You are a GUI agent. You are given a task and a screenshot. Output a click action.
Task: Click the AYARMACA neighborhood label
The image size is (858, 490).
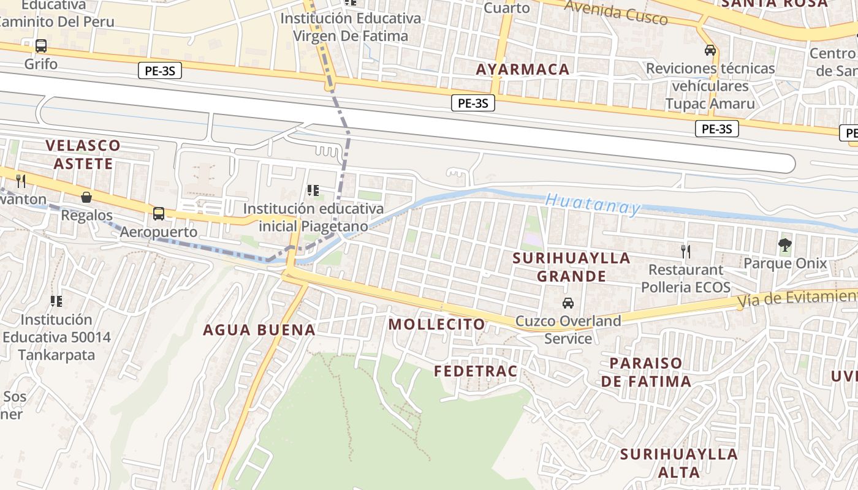click(x=523, y=69)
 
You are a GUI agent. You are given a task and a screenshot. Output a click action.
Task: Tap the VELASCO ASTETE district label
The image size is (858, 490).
click(x=83, y=154)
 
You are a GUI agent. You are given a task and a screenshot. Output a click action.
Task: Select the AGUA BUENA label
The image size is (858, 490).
click(x=259, y=330)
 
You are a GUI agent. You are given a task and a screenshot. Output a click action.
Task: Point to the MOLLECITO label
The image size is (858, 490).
click(x=437, y=324)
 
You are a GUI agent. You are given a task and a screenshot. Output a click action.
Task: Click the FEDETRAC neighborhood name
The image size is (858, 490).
click(x=476, y=371)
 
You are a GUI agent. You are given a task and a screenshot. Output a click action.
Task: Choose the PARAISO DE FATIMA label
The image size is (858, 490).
click(x=645, y=372)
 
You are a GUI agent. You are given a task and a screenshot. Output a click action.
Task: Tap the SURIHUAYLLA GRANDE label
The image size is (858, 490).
click(x=572, y=267)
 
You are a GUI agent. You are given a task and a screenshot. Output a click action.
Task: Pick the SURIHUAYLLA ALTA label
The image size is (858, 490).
click(x=678, y=463)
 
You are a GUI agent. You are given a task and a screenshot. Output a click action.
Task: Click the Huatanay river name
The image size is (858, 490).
click(x=592, y=204)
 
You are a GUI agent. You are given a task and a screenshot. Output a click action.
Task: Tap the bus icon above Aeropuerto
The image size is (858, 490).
click(x=159, y=214)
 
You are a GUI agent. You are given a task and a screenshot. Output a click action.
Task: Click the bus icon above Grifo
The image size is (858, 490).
click(x=41, y=46)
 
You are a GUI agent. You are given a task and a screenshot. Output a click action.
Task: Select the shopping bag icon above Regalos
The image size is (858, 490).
click(x=86, y=197)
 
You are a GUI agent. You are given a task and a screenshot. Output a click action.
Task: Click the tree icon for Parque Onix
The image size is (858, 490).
click(x=784, y=246)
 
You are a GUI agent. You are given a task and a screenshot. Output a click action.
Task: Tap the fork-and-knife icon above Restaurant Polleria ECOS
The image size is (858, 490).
click(x=686, y=251)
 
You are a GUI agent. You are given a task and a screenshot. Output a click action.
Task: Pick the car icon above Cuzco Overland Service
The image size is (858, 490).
click(x=568, y=303)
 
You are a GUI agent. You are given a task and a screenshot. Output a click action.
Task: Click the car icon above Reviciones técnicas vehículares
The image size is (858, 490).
click(x=710, y=50)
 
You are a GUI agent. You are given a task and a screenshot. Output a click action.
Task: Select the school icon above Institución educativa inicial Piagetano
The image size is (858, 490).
click(x=313, y=190)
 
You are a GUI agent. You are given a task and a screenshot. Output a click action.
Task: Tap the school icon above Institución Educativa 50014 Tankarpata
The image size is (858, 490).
click(x=56, y=301)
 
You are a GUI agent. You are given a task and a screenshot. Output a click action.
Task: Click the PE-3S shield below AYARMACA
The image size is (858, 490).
click(x=473, y=103)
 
